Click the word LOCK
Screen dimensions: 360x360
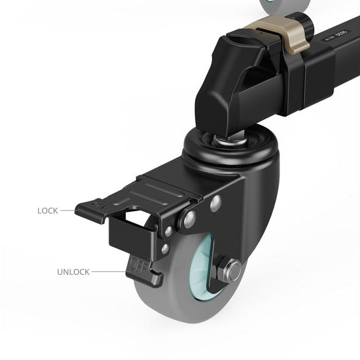click(x=47, y=211)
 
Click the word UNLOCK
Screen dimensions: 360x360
click(x=73, y=272)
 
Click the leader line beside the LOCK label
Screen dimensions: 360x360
click(x=67, y=211)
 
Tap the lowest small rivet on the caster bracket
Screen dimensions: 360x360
click(x=164, y=247)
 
